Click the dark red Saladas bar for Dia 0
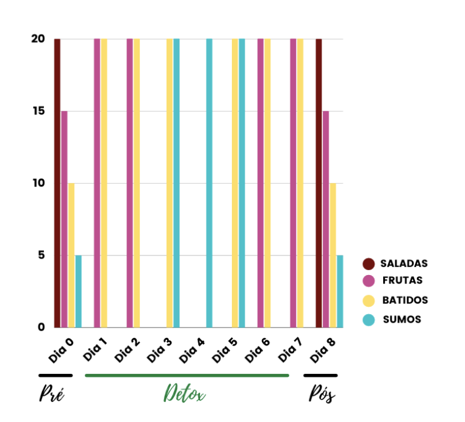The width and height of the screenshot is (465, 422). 57,183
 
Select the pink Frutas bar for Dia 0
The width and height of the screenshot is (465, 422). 64,220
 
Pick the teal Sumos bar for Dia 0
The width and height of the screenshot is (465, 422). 78,291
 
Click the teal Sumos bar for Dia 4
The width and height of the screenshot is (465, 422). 209,183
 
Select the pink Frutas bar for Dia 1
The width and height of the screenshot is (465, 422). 97,183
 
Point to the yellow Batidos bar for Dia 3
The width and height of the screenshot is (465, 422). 170,183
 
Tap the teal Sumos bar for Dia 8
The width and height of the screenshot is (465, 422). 340,291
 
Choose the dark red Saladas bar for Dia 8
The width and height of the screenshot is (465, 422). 319,183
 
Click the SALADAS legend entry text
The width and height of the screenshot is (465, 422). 403,264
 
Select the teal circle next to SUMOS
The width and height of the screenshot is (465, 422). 369,319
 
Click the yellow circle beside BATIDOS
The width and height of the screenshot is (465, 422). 369,300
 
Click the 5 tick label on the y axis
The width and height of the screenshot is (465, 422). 41,255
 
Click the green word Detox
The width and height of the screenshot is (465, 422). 184,394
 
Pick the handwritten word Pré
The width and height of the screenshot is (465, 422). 52,394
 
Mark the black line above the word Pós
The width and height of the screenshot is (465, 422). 320,375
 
